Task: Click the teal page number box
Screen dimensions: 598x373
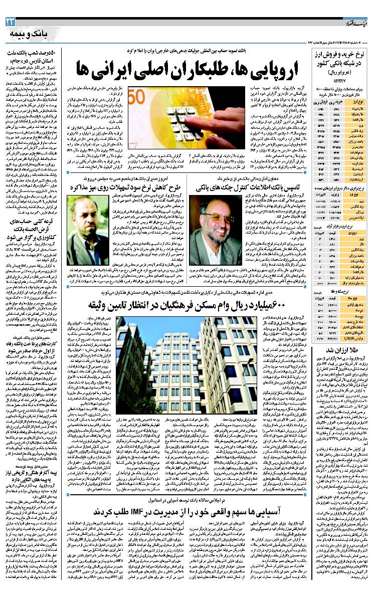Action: [x=11, y=21]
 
